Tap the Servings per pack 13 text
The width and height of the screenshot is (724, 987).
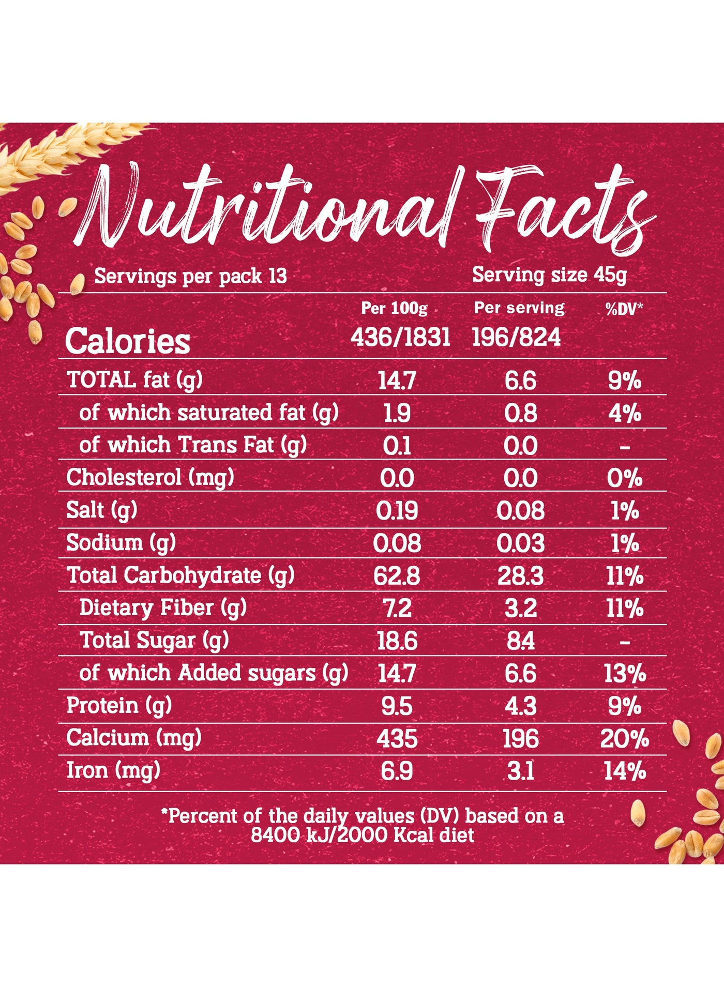click(190, 276)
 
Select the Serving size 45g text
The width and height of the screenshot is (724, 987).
click(549, 275)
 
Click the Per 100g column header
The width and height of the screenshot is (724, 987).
click(394, 309)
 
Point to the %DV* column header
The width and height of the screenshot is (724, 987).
click(624, 309)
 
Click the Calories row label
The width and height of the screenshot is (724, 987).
click(128, 341)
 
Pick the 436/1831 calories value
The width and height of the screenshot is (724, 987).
click(400, 338)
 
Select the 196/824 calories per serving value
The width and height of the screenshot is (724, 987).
click(516, 338)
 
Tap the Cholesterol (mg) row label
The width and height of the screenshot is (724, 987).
click(150, 478)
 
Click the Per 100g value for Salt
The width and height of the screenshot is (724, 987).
click(397, 511)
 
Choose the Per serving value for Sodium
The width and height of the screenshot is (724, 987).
click(520, 543)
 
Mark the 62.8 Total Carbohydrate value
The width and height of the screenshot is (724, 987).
click(397, 576)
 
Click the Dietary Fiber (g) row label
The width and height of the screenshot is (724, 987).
click(163, 608)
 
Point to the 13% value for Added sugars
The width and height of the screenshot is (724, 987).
click(625, 674)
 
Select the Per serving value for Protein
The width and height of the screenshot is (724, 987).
click(521, 706)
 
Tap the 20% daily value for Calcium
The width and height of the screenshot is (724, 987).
click(625, 739)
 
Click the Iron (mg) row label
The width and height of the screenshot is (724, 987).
click(113, 771)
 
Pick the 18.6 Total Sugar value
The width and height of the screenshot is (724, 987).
click(397, 641)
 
